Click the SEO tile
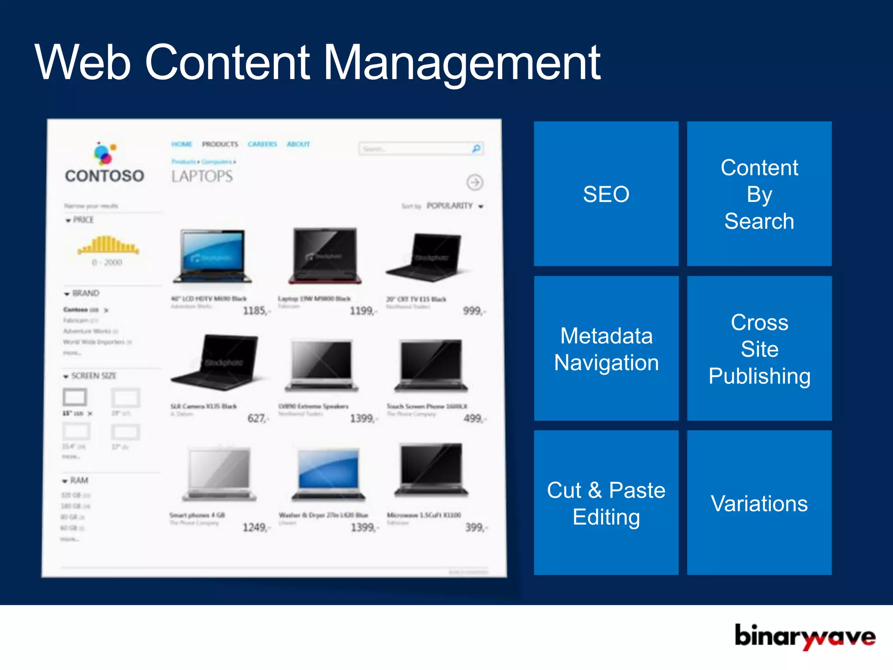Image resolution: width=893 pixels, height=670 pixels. pos(606,194)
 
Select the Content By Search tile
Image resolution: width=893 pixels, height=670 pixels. pos(759,194)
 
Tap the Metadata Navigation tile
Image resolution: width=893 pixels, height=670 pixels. pos(606,349)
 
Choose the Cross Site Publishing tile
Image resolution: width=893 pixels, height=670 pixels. pos(759,349)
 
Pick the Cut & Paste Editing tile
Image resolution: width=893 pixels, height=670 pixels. pos(606,503)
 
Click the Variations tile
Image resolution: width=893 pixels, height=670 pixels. pos(759,503)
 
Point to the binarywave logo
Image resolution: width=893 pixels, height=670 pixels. pos(804,636)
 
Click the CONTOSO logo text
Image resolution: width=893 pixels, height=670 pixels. pos(105,176)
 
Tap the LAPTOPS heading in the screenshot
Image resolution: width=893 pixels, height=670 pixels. pos(202,176)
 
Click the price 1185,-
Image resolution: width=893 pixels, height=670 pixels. pos(256,311)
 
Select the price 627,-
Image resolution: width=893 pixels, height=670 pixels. pos(258,418)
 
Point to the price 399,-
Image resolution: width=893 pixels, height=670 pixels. pos(475,527)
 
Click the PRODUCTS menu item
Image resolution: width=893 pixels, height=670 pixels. pos(220,144)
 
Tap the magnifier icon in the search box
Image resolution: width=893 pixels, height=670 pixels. pos(476,149)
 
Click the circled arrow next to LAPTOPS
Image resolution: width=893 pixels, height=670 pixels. pos(475,182)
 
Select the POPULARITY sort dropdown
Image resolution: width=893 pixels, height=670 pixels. pos(454,206)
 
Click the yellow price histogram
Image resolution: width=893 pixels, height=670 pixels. pos(108,245)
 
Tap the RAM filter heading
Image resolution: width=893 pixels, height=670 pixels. pos(78,480)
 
